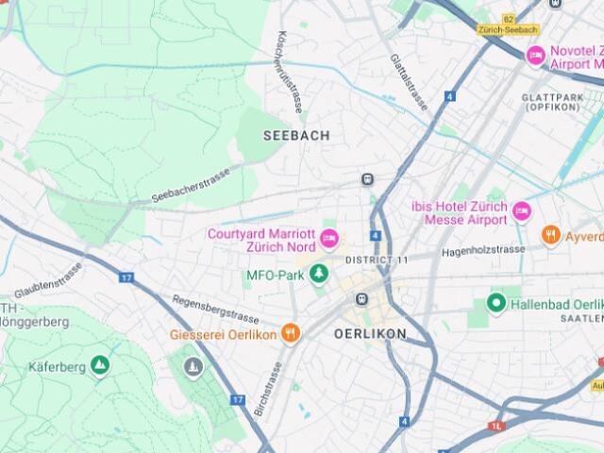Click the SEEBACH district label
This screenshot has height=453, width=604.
pyautogui.click(x=296, y=135)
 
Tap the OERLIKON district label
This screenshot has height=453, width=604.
pyautogui.click(x=370, y=334)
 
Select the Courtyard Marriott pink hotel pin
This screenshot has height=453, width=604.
pyautogui.click(x=328, y=239)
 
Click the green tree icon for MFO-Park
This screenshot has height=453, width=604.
pyautogui.click(x=320, y=275)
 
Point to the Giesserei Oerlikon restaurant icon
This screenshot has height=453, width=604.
pyautogui.click(x=291, y=333)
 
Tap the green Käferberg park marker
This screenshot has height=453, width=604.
pyautogui.click(x=100, y=365)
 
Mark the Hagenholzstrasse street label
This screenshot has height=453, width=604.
pyautogui.click(x=483, y=250)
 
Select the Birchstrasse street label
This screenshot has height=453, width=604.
pyautogui.click(x=268, y=388)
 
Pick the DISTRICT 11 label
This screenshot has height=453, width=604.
pyautogui.click(x=377, y=260)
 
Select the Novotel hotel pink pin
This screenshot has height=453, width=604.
pyautogui.click(x=536, y=57)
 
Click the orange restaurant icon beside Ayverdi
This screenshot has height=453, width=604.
pyautogui.click(x=551, y=235)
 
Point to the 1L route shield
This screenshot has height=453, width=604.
pyautogui.click(x=496, y=427)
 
